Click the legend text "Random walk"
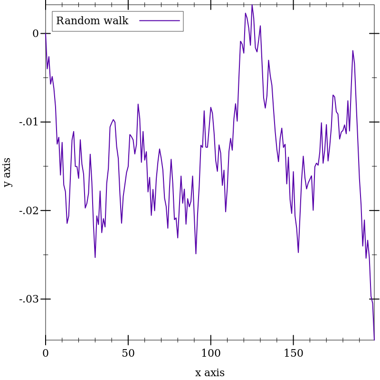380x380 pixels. click(x=92, y=21)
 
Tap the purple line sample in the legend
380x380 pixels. click(x=160, y=21)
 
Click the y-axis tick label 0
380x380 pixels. click(x=36, y=34)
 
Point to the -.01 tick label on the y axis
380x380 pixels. click(x=28, y=122)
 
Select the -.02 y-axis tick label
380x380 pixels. click(x=28, y=210)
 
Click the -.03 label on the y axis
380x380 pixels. click(x=28, y=299)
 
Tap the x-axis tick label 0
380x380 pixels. click(x=46, y=353)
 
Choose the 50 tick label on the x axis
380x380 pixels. click(x=128, y=353)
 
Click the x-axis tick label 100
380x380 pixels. click(x=211, y=353)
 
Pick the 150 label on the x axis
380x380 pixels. click(x=293, y=353)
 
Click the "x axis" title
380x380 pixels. click(x=210, y=372)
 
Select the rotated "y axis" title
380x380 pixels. click(x=7, y=172)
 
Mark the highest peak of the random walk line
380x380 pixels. click(x=252, y=5)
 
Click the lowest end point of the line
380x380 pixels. click(x=374, y=340)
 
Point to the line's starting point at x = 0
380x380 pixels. click(x=46, y=34)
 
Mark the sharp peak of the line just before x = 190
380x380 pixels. click(x=352, y=50)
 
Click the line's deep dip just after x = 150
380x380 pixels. click(x=298, y=252)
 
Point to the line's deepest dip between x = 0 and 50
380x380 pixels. click(x=95, y=257)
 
